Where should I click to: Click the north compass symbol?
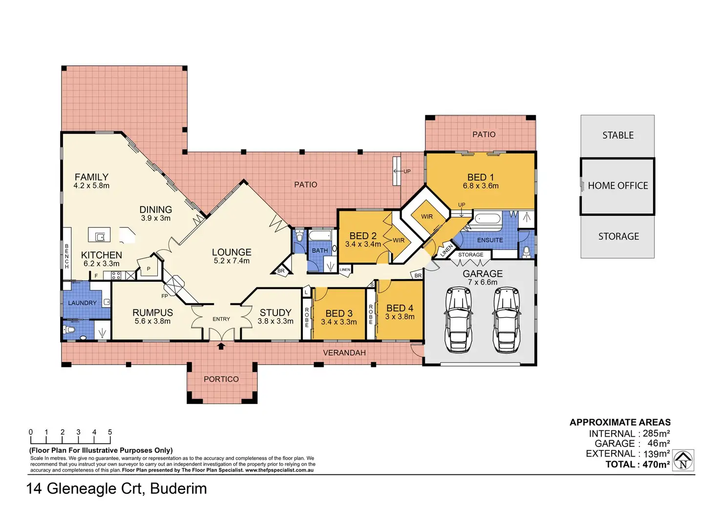(x=683, y=461)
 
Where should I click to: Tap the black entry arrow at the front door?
(x=221, y=346)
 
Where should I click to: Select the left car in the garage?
(x=458, y=320)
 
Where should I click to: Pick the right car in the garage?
(x=507, y=320)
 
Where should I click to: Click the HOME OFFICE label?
(x=618, y=186)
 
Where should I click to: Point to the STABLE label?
(x=618, y=135)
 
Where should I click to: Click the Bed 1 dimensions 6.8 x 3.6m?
(x=481, y=186)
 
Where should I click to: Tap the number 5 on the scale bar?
(x=110, y=432)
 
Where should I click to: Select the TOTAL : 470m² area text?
(x=637, y=465)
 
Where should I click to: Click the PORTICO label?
(x=221, y=379)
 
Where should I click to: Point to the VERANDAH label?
(x=344, y=353)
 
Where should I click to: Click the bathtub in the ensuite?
(x=487, y=220)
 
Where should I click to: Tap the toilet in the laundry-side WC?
(x=69, y=329)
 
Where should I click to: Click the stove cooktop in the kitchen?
(x=116, y=276)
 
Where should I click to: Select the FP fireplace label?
(x=164, y=296)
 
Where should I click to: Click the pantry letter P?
(x=148, y=269)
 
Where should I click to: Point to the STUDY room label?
(x=275, y=312)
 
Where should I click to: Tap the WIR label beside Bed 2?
(x=399, y=240)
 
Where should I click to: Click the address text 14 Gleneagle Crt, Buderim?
(x=117, y=488)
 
